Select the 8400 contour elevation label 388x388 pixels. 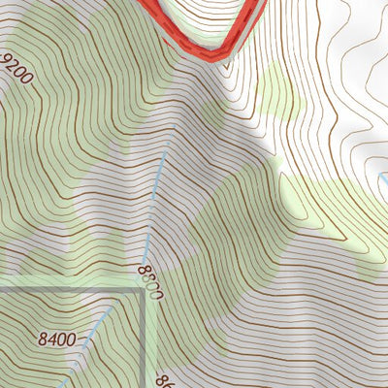57,339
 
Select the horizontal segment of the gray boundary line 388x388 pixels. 68,289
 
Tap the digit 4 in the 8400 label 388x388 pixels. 52,339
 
